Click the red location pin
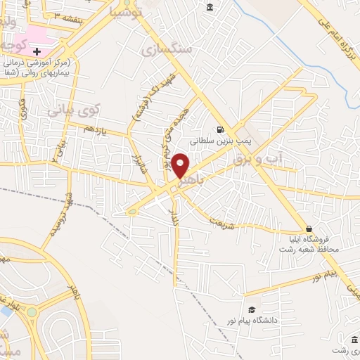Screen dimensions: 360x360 [181, 166]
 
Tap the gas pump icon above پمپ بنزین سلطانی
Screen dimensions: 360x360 [221, 129]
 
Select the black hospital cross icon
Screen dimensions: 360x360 [37, 51]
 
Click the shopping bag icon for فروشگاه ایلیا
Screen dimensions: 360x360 [309, 229]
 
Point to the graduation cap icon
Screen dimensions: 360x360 [251, 310]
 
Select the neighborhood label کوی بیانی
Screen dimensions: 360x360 [74, 110]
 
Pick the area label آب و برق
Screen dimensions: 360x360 [257, 160]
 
